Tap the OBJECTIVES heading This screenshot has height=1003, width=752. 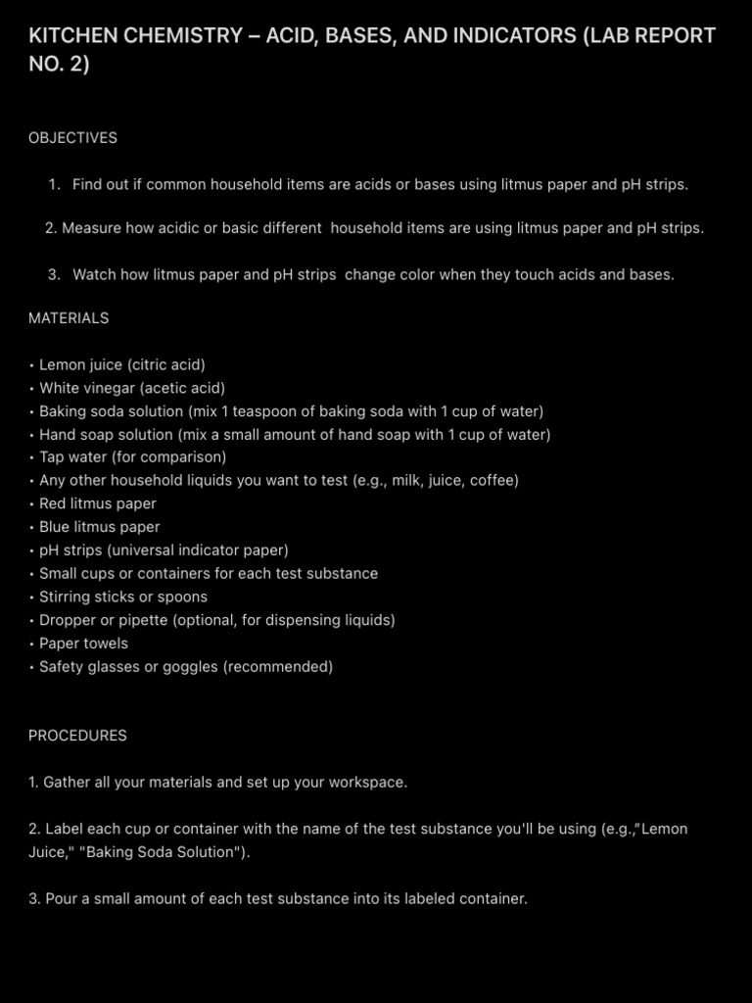72,138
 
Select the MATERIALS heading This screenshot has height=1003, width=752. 69,318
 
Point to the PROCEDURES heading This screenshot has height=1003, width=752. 77,736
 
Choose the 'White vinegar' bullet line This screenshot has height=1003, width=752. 132,388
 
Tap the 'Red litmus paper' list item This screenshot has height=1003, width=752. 97,503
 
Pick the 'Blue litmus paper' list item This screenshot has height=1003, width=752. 99,527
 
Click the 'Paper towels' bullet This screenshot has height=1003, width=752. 83,644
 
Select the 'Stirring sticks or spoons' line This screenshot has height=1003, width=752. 122,597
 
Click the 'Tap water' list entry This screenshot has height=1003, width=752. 132,457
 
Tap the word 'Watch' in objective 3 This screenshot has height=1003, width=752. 94,275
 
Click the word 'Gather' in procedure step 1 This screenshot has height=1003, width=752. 69,783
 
